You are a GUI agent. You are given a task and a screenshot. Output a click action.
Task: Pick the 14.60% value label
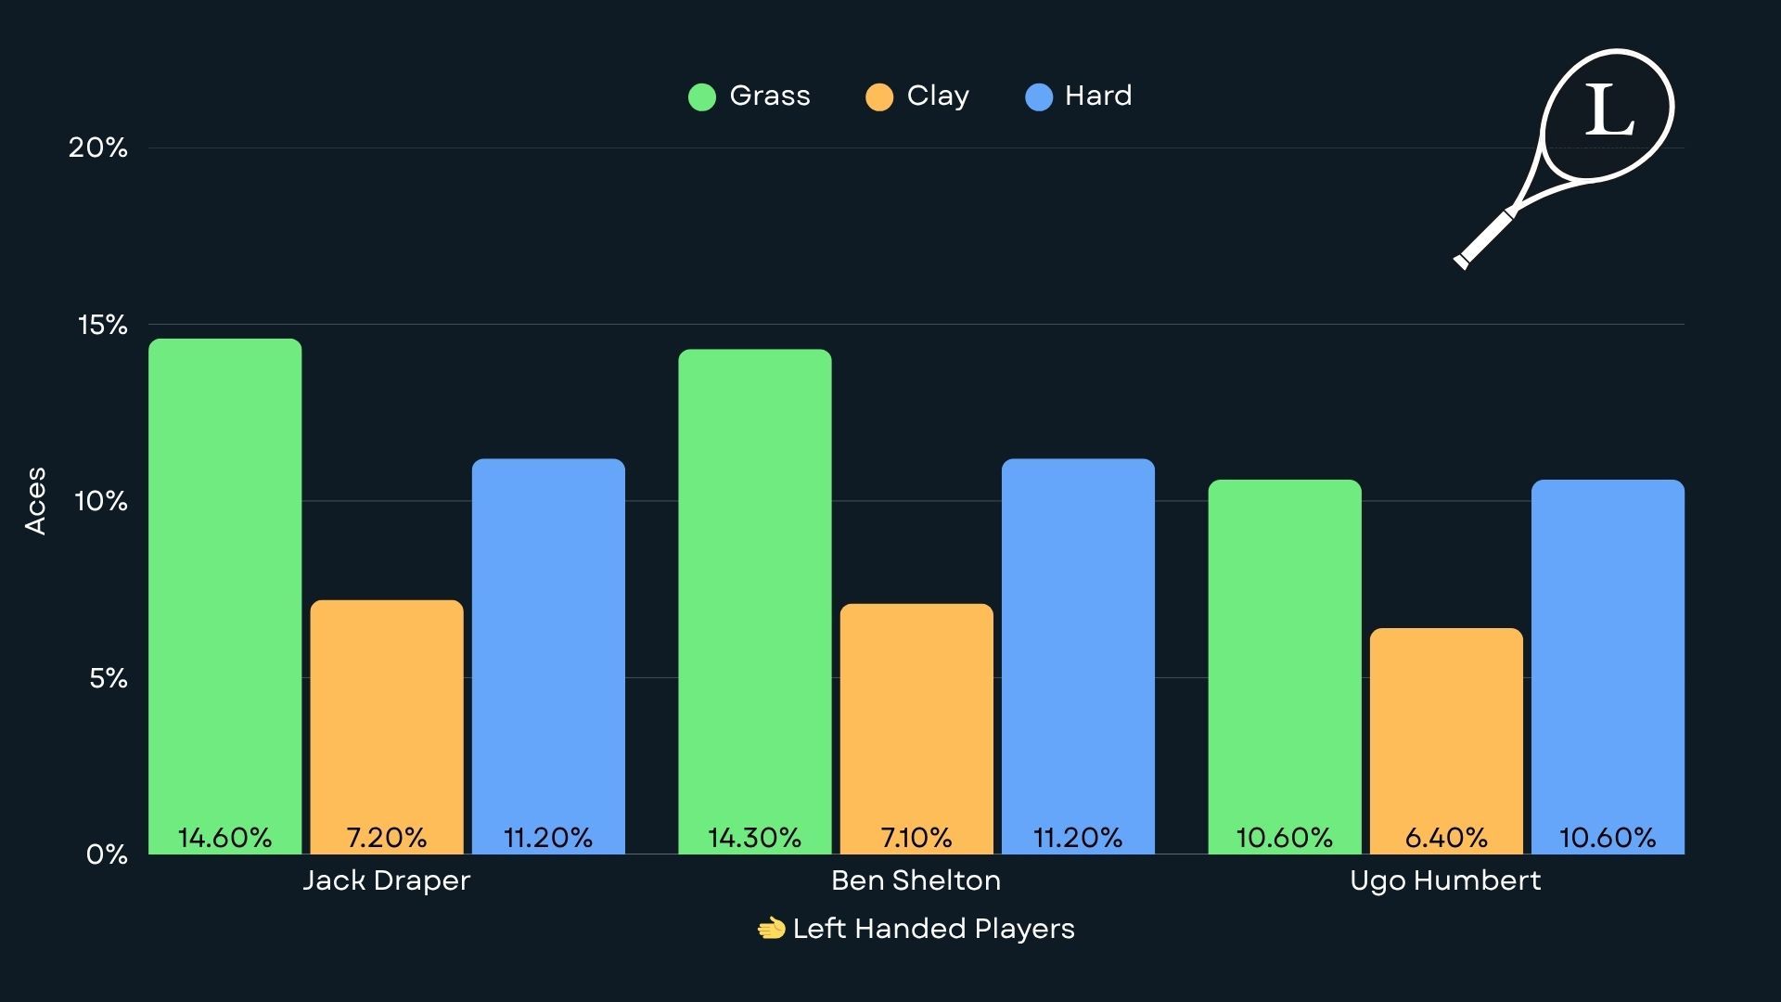225,838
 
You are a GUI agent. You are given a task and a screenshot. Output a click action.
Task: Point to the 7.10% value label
916,838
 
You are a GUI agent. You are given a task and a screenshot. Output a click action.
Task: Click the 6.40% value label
1446,838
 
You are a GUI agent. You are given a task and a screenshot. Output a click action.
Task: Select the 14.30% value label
754,838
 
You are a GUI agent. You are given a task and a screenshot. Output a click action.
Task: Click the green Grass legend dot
702,96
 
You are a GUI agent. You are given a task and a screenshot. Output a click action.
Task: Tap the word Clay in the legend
938,96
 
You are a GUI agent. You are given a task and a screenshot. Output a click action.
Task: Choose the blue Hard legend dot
1039,96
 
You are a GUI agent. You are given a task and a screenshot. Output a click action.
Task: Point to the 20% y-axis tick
97,148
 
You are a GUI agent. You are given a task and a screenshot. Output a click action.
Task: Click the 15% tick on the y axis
102,325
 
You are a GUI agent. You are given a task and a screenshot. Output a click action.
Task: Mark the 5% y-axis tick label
108,678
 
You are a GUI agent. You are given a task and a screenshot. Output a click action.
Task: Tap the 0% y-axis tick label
107,854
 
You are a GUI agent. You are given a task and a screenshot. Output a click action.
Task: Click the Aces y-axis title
35,501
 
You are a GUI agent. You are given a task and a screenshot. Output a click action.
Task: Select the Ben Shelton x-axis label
916,880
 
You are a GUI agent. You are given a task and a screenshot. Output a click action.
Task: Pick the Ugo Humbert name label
1445,880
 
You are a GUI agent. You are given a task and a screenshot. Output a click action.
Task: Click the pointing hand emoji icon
771,929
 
